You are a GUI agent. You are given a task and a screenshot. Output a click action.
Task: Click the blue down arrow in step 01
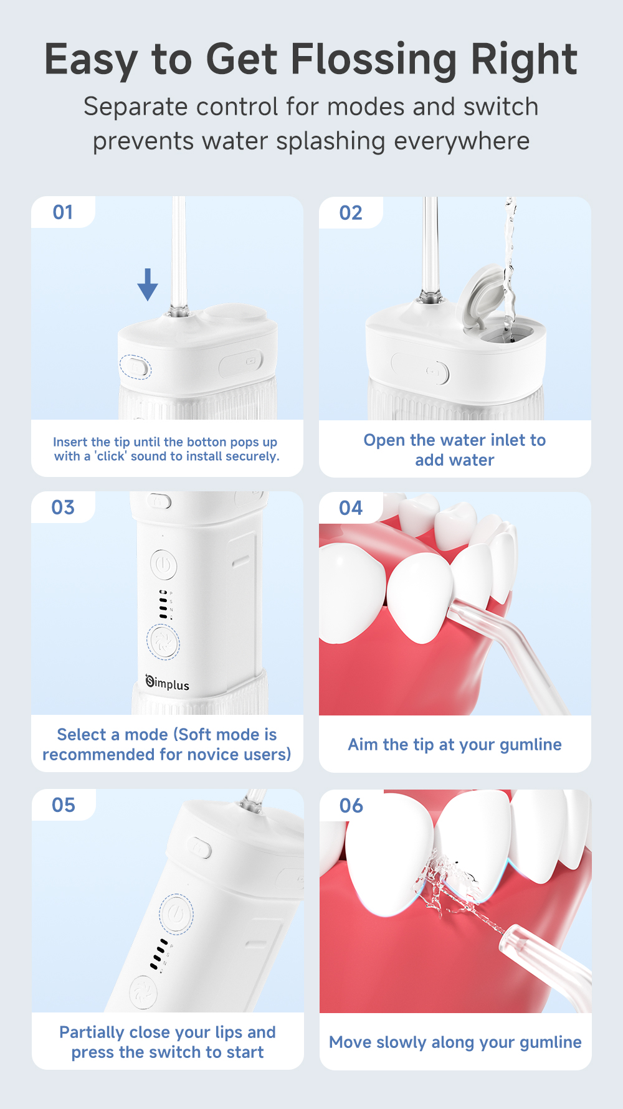[148, 285]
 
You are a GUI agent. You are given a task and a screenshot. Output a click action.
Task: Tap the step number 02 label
[351, 213]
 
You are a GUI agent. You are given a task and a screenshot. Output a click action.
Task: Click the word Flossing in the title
[374, 60]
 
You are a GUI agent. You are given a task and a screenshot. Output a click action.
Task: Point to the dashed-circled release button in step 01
[136, 367]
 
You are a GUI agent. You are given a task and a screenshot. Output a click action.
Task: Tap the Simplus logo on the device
[167, 683]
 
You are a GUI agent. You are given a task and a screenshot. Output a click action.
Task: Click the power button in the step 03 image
[163, 565]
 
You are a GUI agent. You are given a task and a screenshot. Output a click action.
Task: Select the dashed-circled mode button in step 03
[163, 643]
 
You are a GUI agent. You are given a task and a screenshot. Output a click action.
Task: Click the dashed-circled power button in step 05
[176, 914]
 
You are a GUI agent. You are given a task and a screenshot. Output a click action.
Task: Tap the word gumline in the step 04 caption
[530, 745]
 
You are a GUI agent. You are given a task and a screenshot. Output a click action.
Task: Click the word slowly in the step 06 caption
[401, 1042]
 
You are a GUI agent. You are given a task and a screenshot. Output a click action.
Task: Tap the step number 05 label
[64, 805]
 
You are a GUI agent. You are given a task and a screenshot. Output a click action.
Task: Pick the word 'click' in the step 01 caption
[111, 456]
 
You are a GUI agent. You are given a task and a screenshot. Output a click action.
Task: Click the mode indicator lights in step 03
[163, 604]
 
